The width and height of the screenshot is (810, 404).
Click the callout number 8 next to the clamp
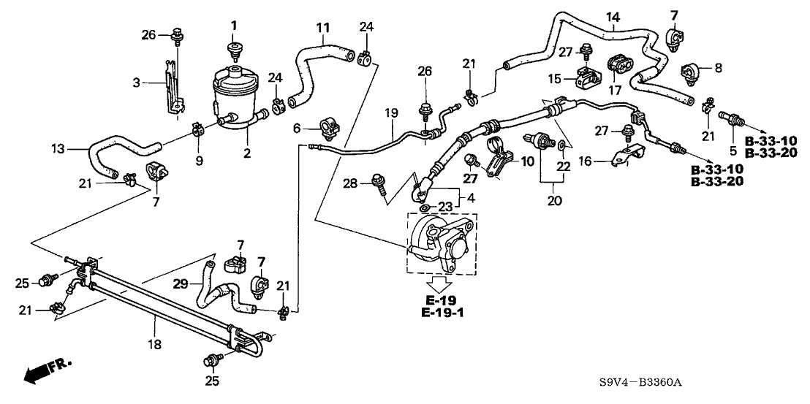pos(718,67)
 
